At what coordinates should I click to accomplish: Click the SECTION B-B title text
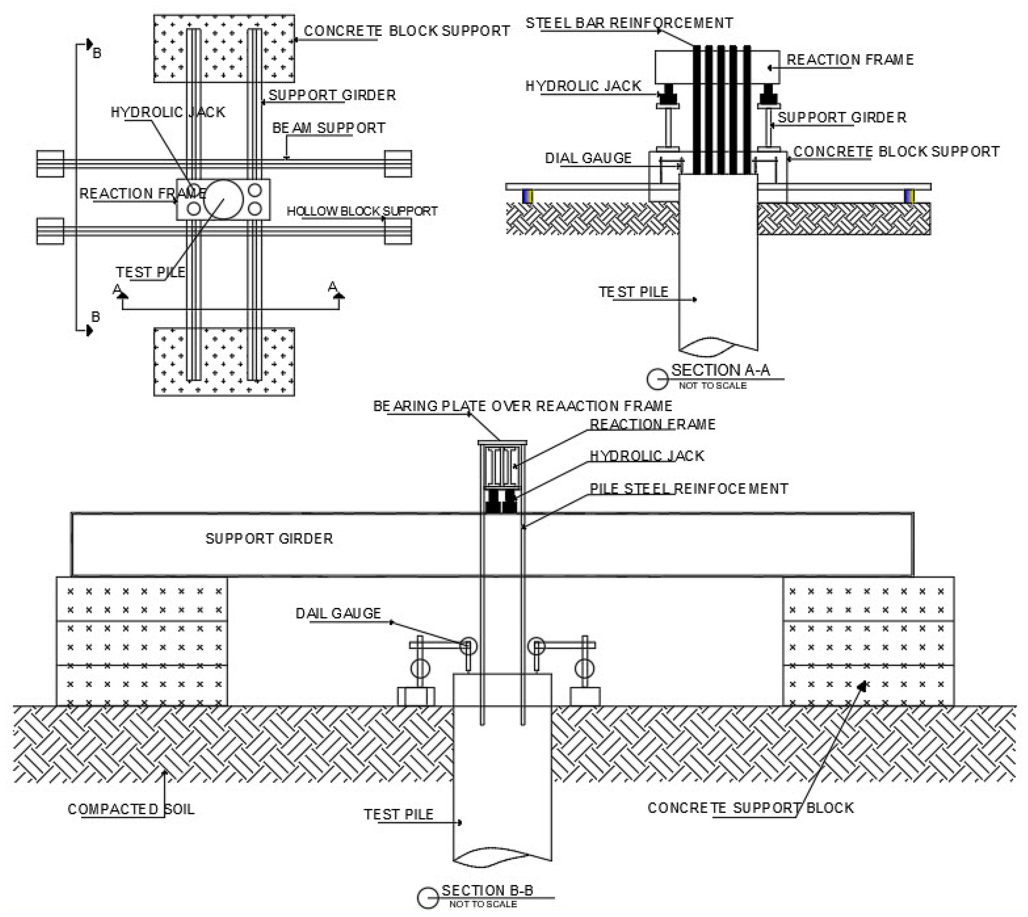coord(487,890)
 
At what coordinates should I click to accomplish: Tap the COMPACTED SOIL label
coord(131,809)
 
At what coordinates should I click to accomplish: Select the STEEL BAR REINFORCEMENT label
coord(629,23)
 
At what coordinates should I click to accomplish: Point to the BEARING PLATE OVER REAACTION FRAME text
coord(522,406)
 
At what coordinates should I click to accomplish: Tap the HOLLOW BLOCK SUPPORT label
coord(362,211)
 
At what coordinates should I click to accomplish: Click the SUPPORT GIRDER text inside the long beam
coord(269,539)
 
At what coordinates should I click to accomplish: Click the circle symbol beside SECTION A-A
coord(657,379)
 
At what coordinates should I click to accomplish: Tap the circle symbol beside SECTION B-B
coord(428,898)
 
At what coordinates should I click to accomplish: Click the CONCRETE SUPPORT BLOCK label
coord(750,808)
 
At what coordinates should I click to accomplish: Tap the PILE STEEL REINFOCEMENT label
coord(689,489)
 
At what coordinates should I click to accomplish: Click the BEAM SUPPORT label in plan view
coord(328,128)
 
